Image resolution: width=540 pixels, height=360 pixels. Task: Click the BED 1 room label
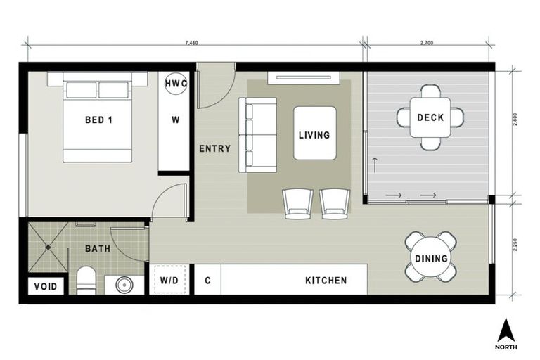click(x=98, y=120)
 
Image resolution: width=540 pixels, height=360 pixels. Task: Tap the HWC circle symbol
click(x=175, y=84)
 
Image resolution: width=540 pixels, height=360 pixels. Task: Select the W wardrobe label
click(x=175, y=119)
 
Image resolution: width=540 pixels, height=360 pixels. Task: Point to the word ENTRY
click(x=214, y=148)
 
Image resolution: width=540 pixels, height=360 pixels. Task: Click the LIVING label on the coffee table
click(x=314, y=134)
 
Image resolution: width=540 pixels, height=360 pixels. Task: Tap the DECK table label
click(x=430, y=117)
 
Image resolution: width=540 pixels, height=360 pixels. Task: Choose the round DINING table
click(x=430, y=258)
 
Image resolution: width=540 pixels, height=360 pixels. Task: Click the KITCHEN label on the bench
click(x=326, y=281)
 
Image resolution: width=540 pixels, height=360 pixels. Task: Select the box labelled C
click(x=207, y=281)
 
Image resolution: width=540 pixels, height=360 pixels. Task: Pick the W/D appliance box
click(x=169, y=281)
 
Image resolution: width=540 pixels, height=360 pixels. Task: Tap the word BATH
click(x=97, y=249)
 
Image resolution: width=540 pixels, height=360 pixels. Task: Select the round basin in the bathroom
click(x=124, y=285)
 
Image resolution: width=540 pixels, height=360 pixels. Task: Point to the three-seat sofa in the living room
click(x=257, y=135)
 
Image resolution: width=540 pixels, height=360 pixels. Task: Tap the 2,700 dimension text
click(x=426, y=43)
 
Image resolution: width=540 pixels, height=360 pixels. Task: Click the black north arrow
click(x=506, y=330)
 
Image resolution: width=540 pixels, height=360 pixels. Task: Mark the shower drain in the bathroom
click(x=49, y=247)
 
